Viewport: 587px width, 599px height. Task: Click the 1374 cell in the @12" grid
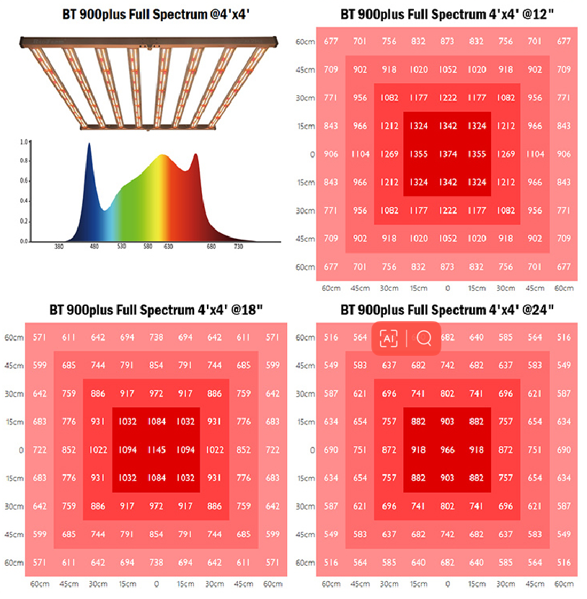click(447, 154)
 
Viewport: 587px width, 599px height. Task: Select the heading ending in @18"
click(156, 310)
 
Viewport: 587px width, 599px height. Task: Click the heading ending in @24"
click(447, 310)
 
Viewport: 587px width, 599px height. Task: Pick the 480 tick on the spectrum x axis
click(94, 247)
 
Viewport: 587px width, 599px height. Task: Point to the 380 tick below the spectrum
click(59, 247)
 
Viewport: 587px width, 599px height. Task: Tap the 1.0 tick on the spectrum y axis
click(25, 143)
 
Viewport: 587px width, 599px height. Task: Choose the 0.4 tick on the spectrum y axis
click(25, 202)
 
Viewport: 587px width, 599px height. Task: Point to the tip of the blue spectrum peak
click(89, 144)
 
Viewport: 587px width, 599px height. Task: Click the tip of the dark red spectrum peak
click(194, 154)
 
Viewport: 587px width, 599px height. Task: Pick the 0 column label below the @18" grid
click(156, 583)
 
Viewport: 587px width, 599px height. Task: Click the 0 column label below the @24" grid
click(447, 583)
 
